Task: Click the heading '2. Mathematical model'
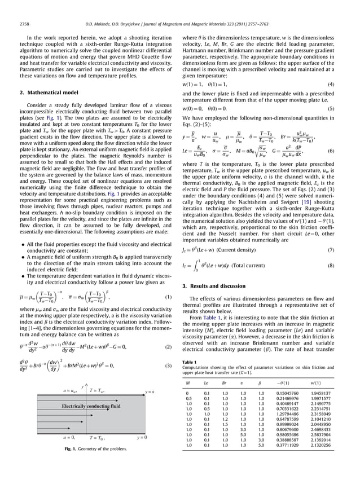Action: tap(47, 92)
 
